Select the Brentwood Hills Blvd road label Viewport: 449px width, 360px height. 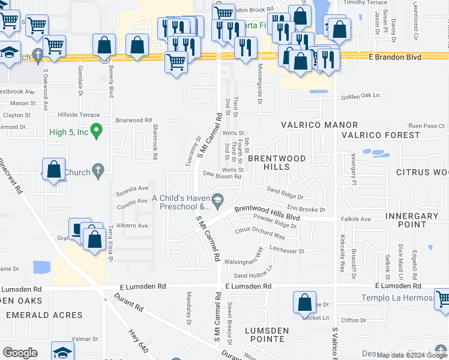coord(267,212)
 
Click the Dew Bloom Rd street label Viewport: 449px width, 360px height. coord(221,176)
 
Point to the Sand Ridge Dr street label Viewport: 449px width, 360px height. coord(285,193)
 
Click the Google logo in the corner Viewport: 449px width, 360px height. coord(20,352)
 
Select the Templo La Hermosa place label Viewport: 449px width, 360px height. coord(398,298)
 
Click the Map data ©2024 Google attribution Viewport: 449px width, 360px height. coord(412,355)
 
